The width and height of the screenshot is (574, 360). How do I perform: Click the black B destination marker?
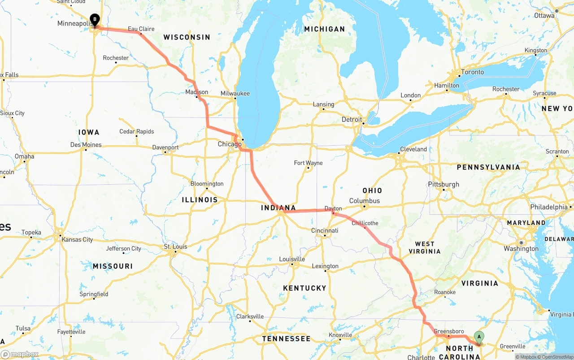(x=95, y=19)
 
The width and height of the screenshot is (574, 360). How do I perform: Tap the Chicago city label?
(x=229, y=144)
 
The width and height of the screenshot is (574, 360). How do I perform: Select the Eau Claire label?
(x=141, y=29)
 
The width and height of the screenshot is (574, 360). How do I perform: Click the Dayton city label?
(x=333, y=208)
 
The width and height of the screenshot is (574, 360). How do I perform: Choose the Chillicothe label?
(x=365, y=223)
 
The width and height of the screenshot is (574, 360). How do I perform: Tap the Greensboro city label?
(x=448, y=332)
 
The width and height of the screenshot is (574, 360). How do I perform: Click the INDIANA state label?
(x=278, y=208)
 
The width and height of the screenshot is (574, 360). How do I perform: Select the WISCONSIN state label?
(x=187, y=37)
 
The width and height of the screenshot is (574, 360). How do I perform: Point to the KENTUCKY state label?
(x=305, y=288)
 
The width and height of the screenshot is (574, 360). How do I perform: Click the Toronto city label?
(x=472, y=72)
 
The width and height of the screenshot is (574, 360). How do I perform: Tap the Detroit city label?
(x=352, y=120)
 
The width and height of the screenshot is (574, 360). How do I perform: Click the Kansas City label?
(x=78, y=239)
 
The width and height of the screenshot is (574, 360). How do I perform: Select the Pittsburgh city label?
(x=444, y=184)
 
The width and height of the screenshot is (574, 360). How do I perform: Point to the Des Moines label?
(x=86, y=145)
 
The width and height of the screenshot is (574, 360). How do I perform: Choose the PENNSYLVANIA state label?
(x=488, y=167)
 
